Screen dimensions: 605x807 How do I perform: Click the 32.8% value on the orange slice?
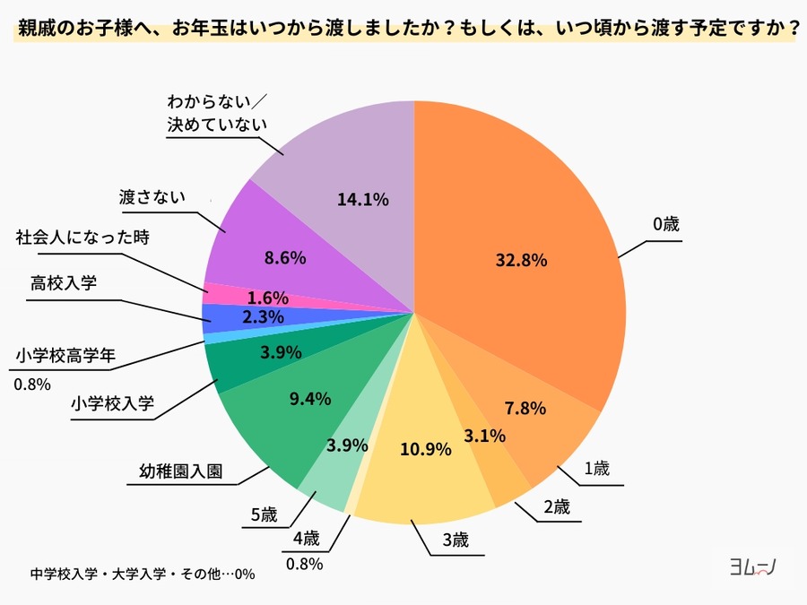[521, 260]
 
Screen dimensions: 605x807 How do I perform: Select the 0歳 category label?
[665, 225]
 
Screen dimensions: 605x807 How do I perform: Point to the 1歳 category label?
[596, 469]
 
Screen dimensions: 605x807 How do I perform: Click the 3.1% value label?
[485, 436]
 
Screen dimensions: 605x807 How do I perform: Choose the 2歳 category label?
[556, 506]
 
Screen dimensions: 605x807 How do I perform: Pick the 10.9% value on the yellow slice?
[424, 449]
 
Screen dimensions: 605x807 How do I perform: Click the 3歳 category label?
[455, 540]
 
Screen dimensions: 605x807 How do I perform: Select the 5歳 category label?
[264, 514]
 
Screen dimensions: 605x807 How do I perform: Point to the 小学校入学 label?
[112, 404]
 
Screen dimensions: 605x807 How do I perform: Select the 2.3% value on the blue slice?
[265, 316]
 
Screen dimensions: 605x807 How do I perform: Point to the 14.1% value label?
[363, 200]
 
